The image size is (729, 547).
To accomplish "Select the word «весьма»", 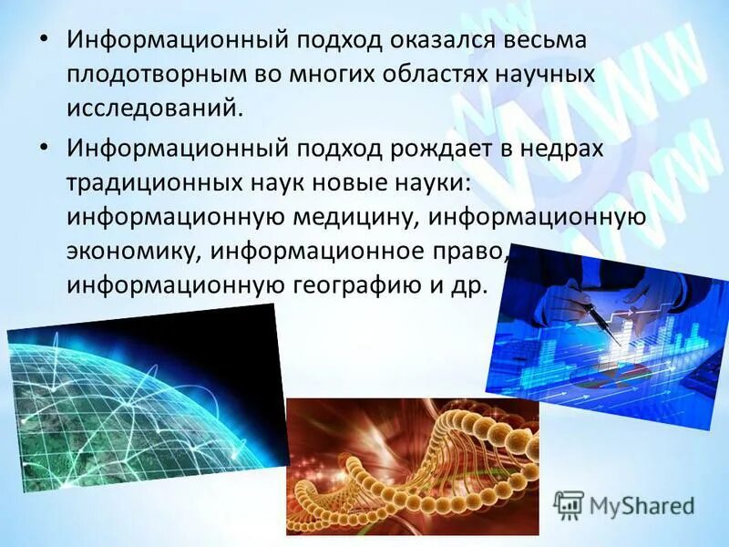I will pos(549,40).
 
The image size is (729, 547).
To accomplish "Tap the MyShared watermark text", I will pos(642,505).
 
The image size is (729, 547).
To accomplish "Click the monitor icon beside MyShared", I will pos(569,505).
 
